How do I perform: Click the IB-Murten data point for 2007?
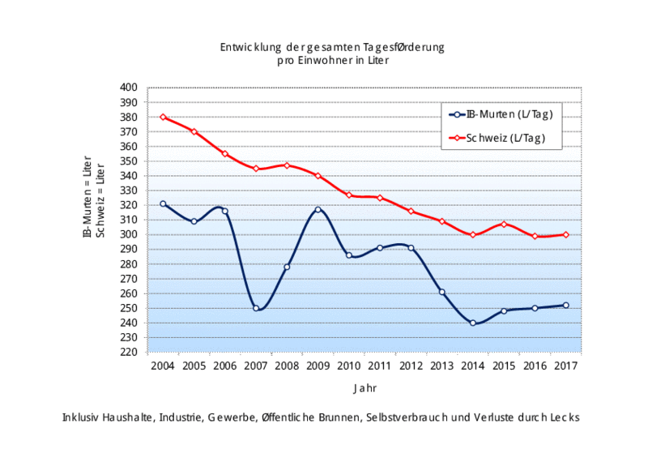[256, 308]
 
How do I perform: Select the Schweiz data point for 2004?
[163, 117]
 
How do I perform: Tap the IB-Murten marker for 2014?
[473, 323]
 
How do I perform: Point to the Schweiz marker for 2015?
[504, 224]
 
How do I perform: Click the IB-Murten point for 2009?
[318, 209]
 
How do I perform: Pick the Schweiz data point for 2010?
[349, 195]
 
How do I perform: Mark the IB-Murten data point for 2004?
[163, 203]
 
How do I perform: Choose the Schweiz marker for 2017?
[566, 234]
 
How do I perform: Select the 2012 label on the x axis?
[411, 366]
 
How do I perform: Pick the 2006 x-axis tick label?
[224, 366]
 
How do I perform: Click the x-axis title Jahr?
[364, 389]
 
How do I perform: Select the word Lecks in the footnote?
[563, 417]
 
